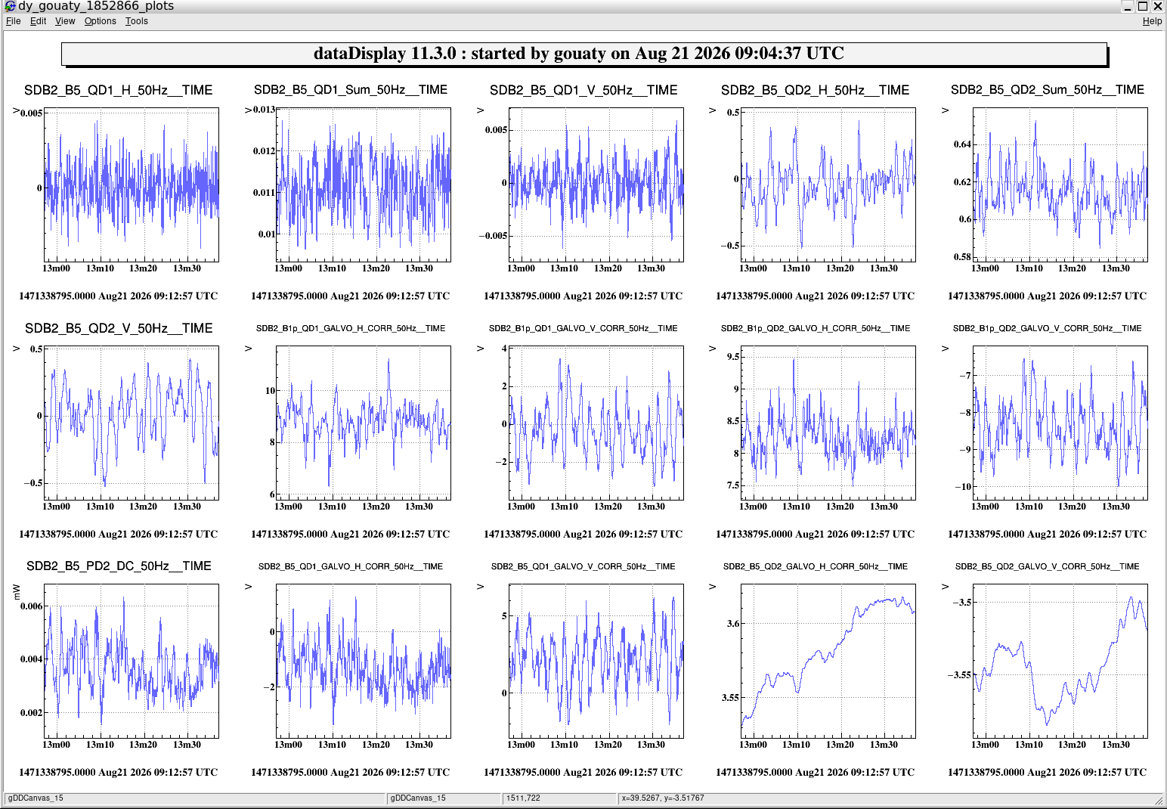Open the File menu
tap(13, 21)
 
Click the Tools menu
tap(137, 21)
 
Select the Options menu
tap(100, 21)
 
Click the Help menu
tap(1152, 21)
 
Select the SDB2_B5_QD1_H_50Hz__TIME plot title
tap(118, 90)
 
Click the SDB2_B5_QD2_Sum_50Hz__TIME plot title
tap(1047, 90)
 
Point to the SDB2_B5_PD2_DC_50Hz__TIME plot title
tap(119, 566)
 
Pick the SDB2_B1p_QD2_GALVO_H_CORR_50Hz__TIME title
tap(816, 328)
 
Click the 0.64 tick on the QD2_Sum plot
tap(962, 144)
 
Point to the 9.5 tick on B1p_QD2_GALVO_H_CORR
tap(733, 357)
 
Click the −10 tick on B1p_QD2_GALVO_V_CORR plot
tap(963, 487)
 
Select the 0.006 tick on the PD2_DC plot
tap(31, 606)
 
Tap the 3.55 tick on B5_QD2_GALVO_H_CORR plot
tap(730, 697)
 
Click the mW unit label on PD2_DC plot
tap(17, 592)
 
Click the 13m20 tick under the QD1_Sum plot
tap(376, 268)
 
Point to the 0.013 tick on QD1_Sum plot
tap(264, 110)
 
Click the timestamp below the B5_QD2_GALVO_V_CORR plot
tap(1047, 772)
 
